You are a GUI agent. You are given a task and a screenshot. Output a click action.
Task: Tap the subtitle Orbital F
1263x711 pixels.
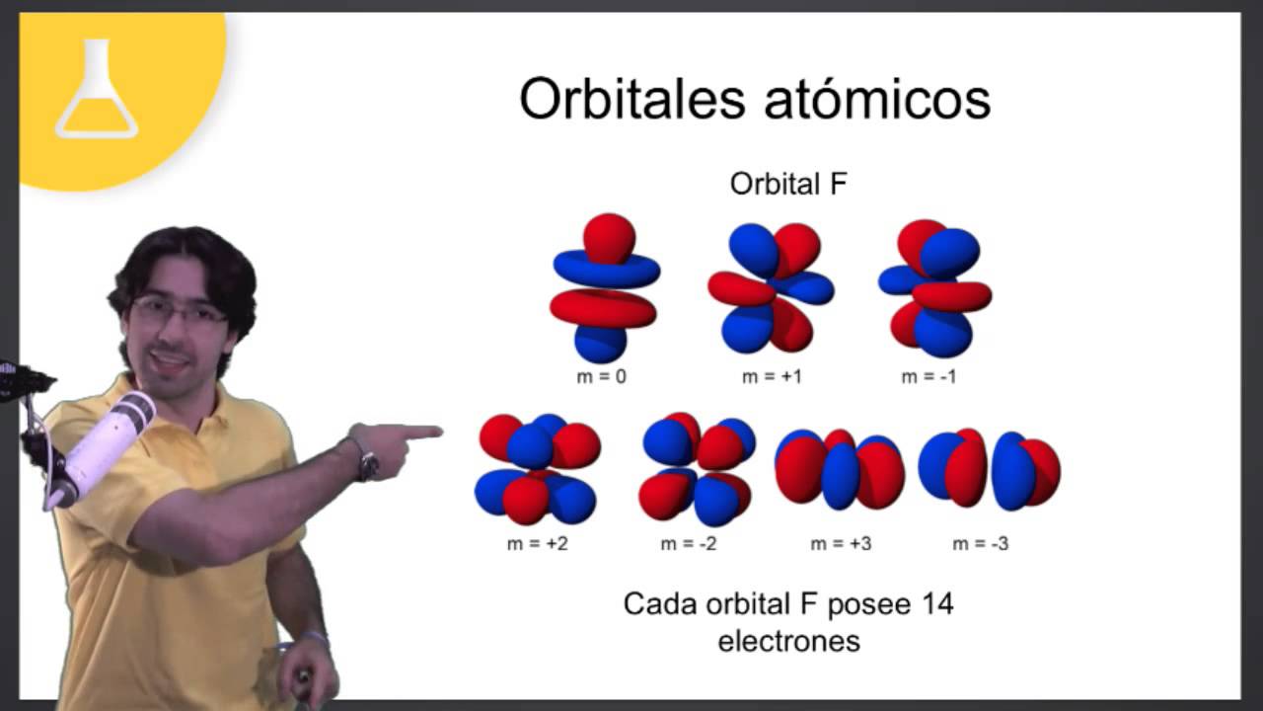click(x=788, y=184)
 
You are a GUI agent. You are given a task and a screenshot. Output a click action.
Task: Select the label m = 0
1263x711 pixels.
click(x=602, y=376)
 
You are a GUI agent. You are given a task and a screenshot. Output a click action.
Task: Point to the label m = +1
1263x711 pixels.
click(x=772, y=376)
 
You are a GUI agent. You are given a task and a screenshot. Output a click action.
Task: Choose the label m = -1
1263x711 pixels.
click(x=929, y=376)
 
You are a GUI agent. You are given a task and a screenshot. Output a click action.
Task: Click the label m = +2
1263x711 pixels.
click(x=536, y=544)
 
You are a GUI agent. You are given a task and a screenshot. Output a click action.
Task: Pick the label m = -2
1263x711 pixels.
click(x=689, y=544)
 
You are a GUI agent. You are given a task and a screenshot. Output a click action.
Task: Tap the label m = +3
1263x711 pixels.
click(x=841, y=544)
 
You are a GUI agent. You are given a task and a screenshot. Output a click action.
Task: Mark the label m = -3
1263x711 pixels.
click(x=981, y=544)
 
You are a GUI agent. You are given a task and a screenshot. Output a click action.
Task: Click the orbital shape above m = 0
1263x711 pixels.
click(x=603, y=287)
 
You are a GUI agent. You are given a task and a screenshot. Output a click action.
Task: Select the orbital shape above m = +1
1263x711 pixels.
click(x=771, y=287)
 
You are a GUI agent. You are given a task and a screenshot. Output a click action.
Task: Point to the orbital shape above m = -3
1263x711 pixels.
click(x=989, y=470)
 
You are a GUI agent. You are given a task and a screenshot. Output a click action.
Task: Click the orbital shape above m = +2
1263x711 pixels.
click(x=537, y=469)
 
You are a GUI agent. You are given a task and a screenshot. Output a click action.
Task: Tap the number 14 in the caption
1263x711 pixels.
click(x=936, y=604)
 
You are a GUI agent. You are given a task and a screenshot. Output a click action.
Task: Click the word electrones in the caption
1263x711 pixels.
click(x=788, y=641)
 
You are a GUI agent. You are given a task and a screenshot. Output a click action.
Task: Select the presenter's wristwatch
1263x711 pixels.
click(x=366, y=460)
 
